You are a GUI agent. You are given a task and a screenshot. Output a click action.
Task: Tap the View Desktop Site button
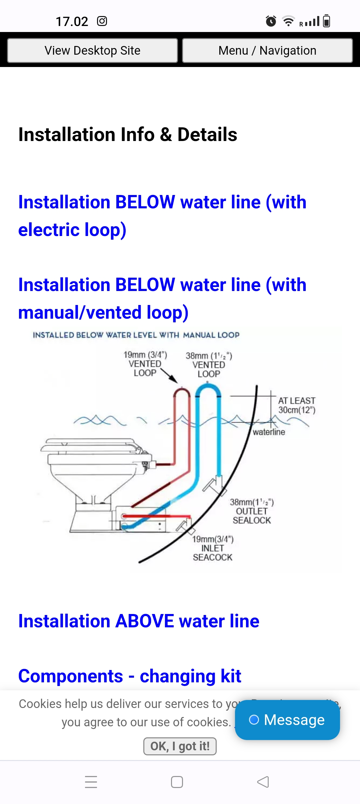pyautogui.click(x=92, y=51)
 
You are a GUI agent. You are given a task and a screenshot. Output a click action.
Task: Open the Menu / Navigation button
pyautogui.click(x=267, y=51)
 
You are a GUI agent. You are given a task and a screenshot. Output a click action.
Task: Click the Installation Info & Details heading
pyautogui.click(x=128, y=134)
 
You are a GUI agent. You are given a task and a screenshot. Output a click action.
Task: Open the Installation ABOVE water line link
pyautogui.click(x=139, y=621)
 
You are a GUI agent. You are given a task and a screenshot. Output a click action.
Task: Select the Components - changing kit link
pyautogui.click(x=130, y=676)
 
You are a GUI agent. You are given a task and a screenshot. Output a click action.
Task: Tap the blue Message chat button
pyautogui.click(x=287, y=720)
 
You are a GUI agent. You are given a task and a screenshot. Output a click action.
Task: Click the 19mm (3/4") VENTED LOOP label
pyautogui.click(x=145, y=364)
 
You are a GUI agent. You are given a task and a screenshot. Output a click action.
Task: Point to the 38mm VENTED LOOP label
pyautogui.click(x=209, y=365)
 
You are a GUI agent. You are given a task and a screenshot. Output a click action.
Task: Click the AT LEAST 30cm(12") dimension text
pyautogui.click(x=297, y=405)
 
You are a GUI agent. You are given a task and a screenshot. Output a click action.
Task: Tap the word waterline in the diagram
pyautogui.click(x=269, y=432)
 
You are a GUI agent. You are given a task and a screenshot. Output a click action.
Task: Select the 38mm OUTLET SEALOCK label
pyautogui.click(x=252, y=511)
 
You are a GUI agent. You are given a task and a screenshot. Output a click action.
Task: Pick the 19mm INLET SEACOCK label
pyautogui.click(x=213, y=548)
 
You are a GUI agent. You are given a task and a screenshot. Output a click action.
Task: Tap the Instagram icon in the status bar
pyautogui.click(x=102, y=21)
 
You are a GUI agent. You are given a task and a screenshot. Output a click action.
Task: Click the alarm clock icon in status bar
pyautogui.click(x=271, y=21)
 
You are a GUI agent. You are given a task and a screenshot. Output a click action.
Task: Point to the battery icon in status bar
pyautogui.click(x=327, y=21)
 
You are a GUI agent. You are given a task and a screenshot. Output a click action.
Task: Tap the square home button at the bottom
pyautogui.click(x=177, y=782)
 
